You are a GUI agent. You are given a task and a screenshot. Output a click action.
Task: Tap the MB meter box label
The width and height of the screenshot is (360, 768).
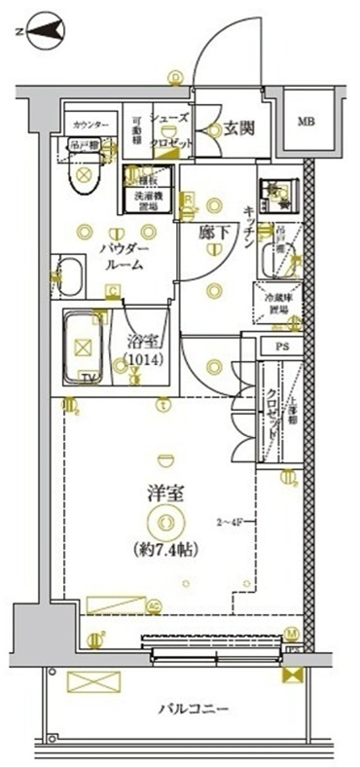pyautogui.click(x=306, y=122)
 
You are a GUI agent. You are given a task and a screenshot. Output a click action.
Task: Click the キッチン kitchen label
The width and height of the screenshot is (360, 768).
pyautogui.click(x=249, y=228)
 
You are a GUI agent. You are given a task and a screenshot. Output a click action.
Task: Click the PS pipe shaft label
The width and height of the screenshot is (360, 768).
pyautogui.click(x=282, y=347)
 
